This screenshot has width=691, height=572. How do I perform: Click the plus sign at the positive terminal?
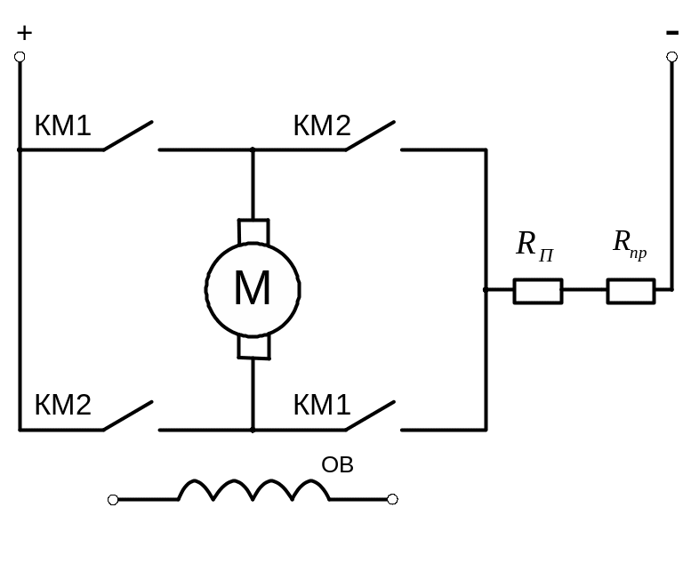[24, 34]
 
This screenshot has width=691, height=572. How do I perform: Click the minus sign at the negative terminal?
[671, 33]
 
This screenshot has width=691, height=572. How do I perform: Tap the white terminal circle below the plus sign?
[20, 57]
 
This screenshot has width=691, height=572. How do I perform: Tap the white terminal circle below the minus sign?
[672, 57]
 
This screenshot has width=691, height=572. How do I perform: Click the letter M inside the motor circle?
[253, 289]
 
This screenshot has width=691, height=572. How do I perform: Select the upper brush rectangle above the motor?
[253, 231]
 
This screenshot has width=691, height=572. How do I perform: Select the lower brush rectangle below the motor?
[253, 346]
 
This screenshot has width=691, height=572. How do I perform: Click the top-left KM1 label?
[62, 126]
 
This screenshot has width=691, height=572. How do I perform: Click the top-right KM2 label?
[322, 126]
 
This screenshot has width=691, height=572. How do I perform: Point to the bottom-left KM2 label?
[62, 406]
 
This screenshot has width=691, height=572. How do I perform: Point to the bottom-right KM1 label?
[322, 406]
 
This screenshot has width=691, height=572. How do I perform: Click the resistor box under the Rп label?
[537, 291]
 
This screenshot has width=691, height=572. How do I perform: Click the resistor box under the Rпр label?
[631, 291]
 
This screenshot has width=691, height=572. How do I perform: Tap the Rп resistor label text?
[534, 245]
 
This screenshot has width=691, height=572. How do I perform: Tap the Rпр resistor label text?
[629, 243]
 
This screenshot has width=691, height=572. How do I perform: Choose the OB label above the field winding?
[337, 464]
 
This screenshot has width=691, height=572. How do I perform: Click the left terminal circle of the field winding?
[113, 500]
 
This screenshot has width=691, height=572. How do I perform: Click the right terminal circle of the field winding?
[392, 500]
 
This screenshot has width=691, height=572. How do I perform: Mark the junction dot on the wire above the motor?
[253, 149]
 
